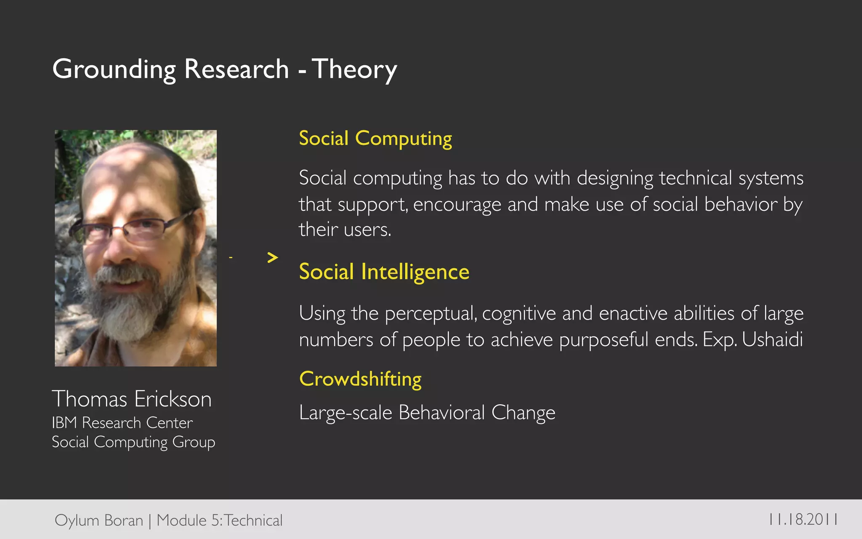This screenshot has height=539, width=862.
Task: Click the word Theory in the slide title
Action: (354, 69)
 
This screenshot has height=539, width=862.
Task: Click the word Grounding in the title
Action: (114, 69)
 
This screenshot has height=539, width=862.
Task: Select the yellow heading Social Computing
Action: (375, 139)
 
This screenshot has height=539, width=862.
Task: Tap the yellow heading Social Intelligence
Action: (384, 272)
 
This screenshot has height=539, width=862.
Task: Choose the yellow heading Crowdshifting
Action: (360, 379)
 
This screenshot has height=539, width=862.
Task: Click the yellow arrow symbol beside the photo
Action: (273, 257)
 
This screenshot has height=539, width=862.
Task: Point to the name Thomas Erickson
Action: (131, 399)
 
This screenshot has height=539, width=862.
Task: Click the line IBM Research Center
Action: (122, 423)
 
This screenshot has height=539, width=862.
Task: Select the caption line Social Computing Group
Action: (133, 442)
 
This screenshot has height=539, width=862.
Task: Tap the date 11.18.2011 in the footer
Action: (803, 520)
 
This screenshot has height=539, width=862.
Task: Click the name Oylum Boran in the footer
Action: (99, 520)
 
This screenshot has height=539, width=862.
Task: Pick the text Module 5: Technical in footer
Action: (219, 520)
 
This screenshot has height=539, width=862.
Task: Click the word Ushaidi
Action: (772, 339)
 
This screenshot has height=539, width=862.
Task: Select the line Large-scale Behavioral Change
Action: (427, 413)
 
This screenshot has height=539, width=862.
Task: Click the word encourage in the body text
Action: (457, 205)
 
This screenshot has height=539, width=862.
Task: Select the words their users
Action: (345, 230)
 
